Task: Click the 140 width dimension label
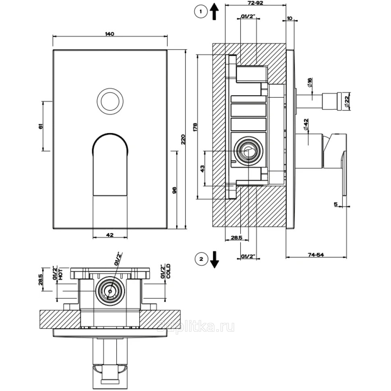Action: [x=110, y=34]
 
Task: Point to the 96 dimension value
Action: [x=175, y=190]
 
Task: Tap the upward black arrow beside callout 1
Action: [x=214, y=11]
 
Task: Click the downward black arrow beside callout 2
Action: [x=214, y=260]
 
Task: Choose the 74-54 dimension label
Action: [x=316, y=254]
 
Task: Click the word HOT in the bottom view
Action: [x=61, y=275]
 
